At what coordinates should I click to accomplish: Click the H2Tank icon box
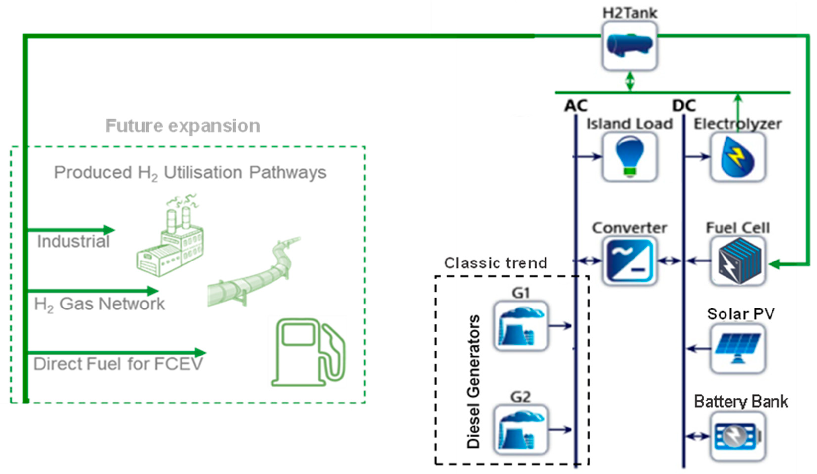click(x=630, y=46)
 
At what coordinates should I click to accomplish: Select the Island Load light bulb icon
click(x=630, y=157)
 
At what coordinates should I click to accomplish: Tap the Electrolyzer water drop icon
click(x=738, y=157)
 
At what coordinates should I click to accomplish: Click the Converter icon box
click(x=630, y=261)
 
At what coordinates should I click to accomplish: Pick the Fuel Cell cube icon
click(x=738, y=261)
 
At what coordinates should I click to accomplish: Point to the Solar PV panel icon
click(x=738, y=349)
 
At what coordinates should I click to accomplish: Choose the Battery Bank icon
click(x=738, y=436)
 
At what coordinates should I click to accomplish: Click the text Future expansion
click(x=183, y=126)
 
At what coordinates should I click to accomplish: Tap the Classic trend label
click(x=495, y=263)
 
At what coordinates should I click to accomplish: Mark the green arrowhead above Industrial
click(x=109, y=230)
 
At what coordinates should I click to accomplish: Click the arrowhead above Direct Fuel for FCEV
click(x=200, y=352)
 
